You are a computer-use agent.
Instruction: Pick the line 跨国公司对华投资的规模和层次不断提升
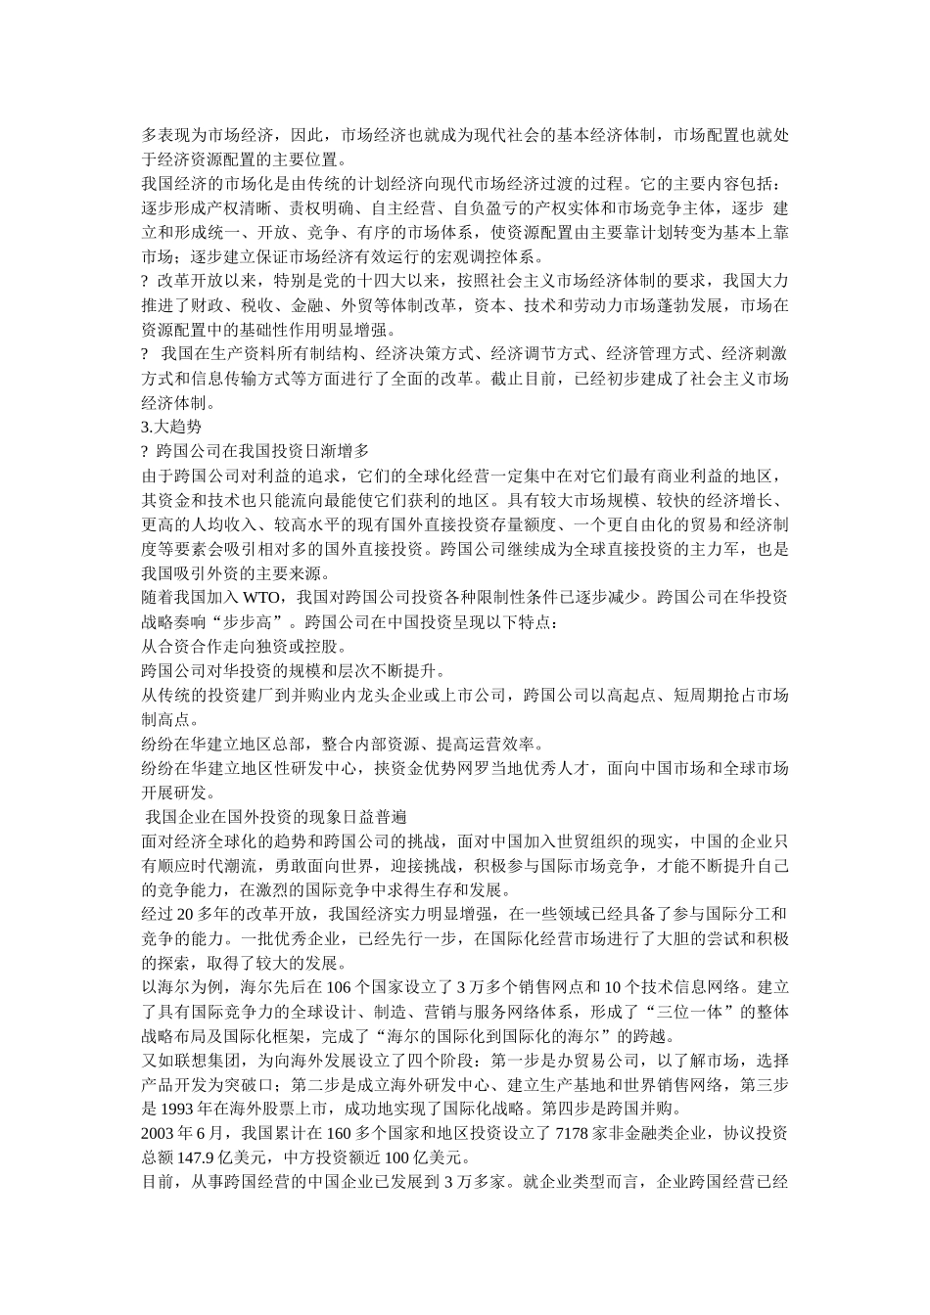pos(294,671)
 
